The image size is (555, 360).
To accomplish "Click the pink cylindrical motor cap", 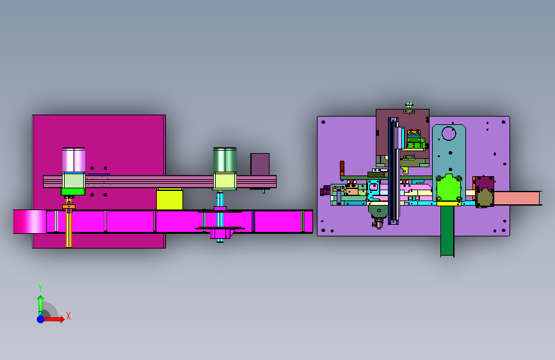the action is click(74, 160).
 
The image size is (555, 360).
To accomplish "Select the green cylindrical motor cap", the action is click(225, 160).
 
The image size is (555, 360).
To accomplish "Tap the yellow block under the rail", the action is click(170, 199).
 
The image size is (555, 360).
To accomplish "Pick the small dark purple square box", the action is click(260, 164).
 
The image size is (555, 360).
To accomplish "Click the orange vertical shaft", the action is click(69, 223).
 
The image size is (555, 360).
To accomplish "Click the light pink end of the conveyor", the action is click(29, 222).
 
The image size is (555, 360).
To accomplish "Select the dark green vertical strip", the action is click(447, 231).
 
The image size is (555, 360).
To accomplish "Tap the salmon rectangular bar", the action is click(517, 198).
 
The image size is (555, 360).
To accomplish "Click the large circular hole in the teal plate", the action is click(449, 133).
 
